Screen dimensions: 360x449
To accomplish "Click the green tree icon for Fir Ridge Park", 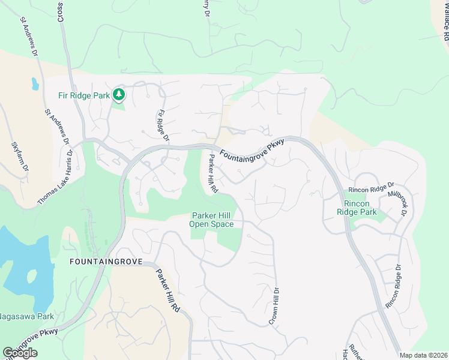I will (x=119, y=94).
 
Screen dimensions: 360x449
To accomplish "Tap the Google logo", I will (x=20, y=353).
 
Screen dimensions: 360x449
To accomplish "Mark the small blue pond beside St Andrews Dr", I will (x=35, y=84).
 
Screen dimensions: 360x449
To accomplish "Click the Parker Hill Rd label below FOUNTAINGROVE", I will (x=169, y=289).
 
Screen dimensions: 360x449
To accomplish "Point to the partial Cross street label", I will (x=61, y=11).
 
